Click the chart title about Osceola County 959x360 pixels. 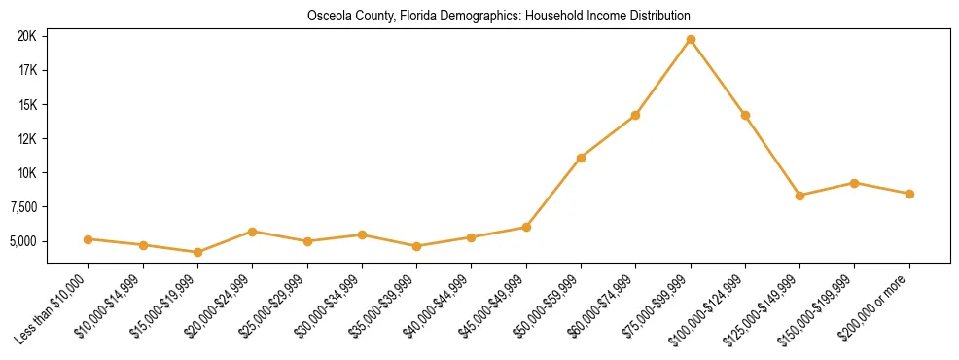click(x=498, y=17)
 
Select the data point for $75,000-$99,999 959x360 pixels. click(x=691, y=39)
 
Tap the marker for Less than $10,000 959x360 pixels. click(x=88, y=239)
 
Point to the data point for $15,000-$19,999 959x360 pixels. click(x=197, y=252)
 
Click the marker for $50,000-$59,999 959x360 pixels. click(x=581, y=158)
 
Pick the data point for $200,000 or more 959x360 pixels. click(x=909, y=194)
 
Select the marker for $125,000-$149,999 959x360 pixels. click(x=799, y=196)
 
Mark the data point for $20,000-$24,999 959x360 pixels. click(x=252, y=232)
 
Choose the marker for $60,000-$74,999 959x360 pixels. click(x=635, y=115)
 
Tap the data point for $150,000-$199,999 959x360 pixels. click(x=854, y=183)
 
